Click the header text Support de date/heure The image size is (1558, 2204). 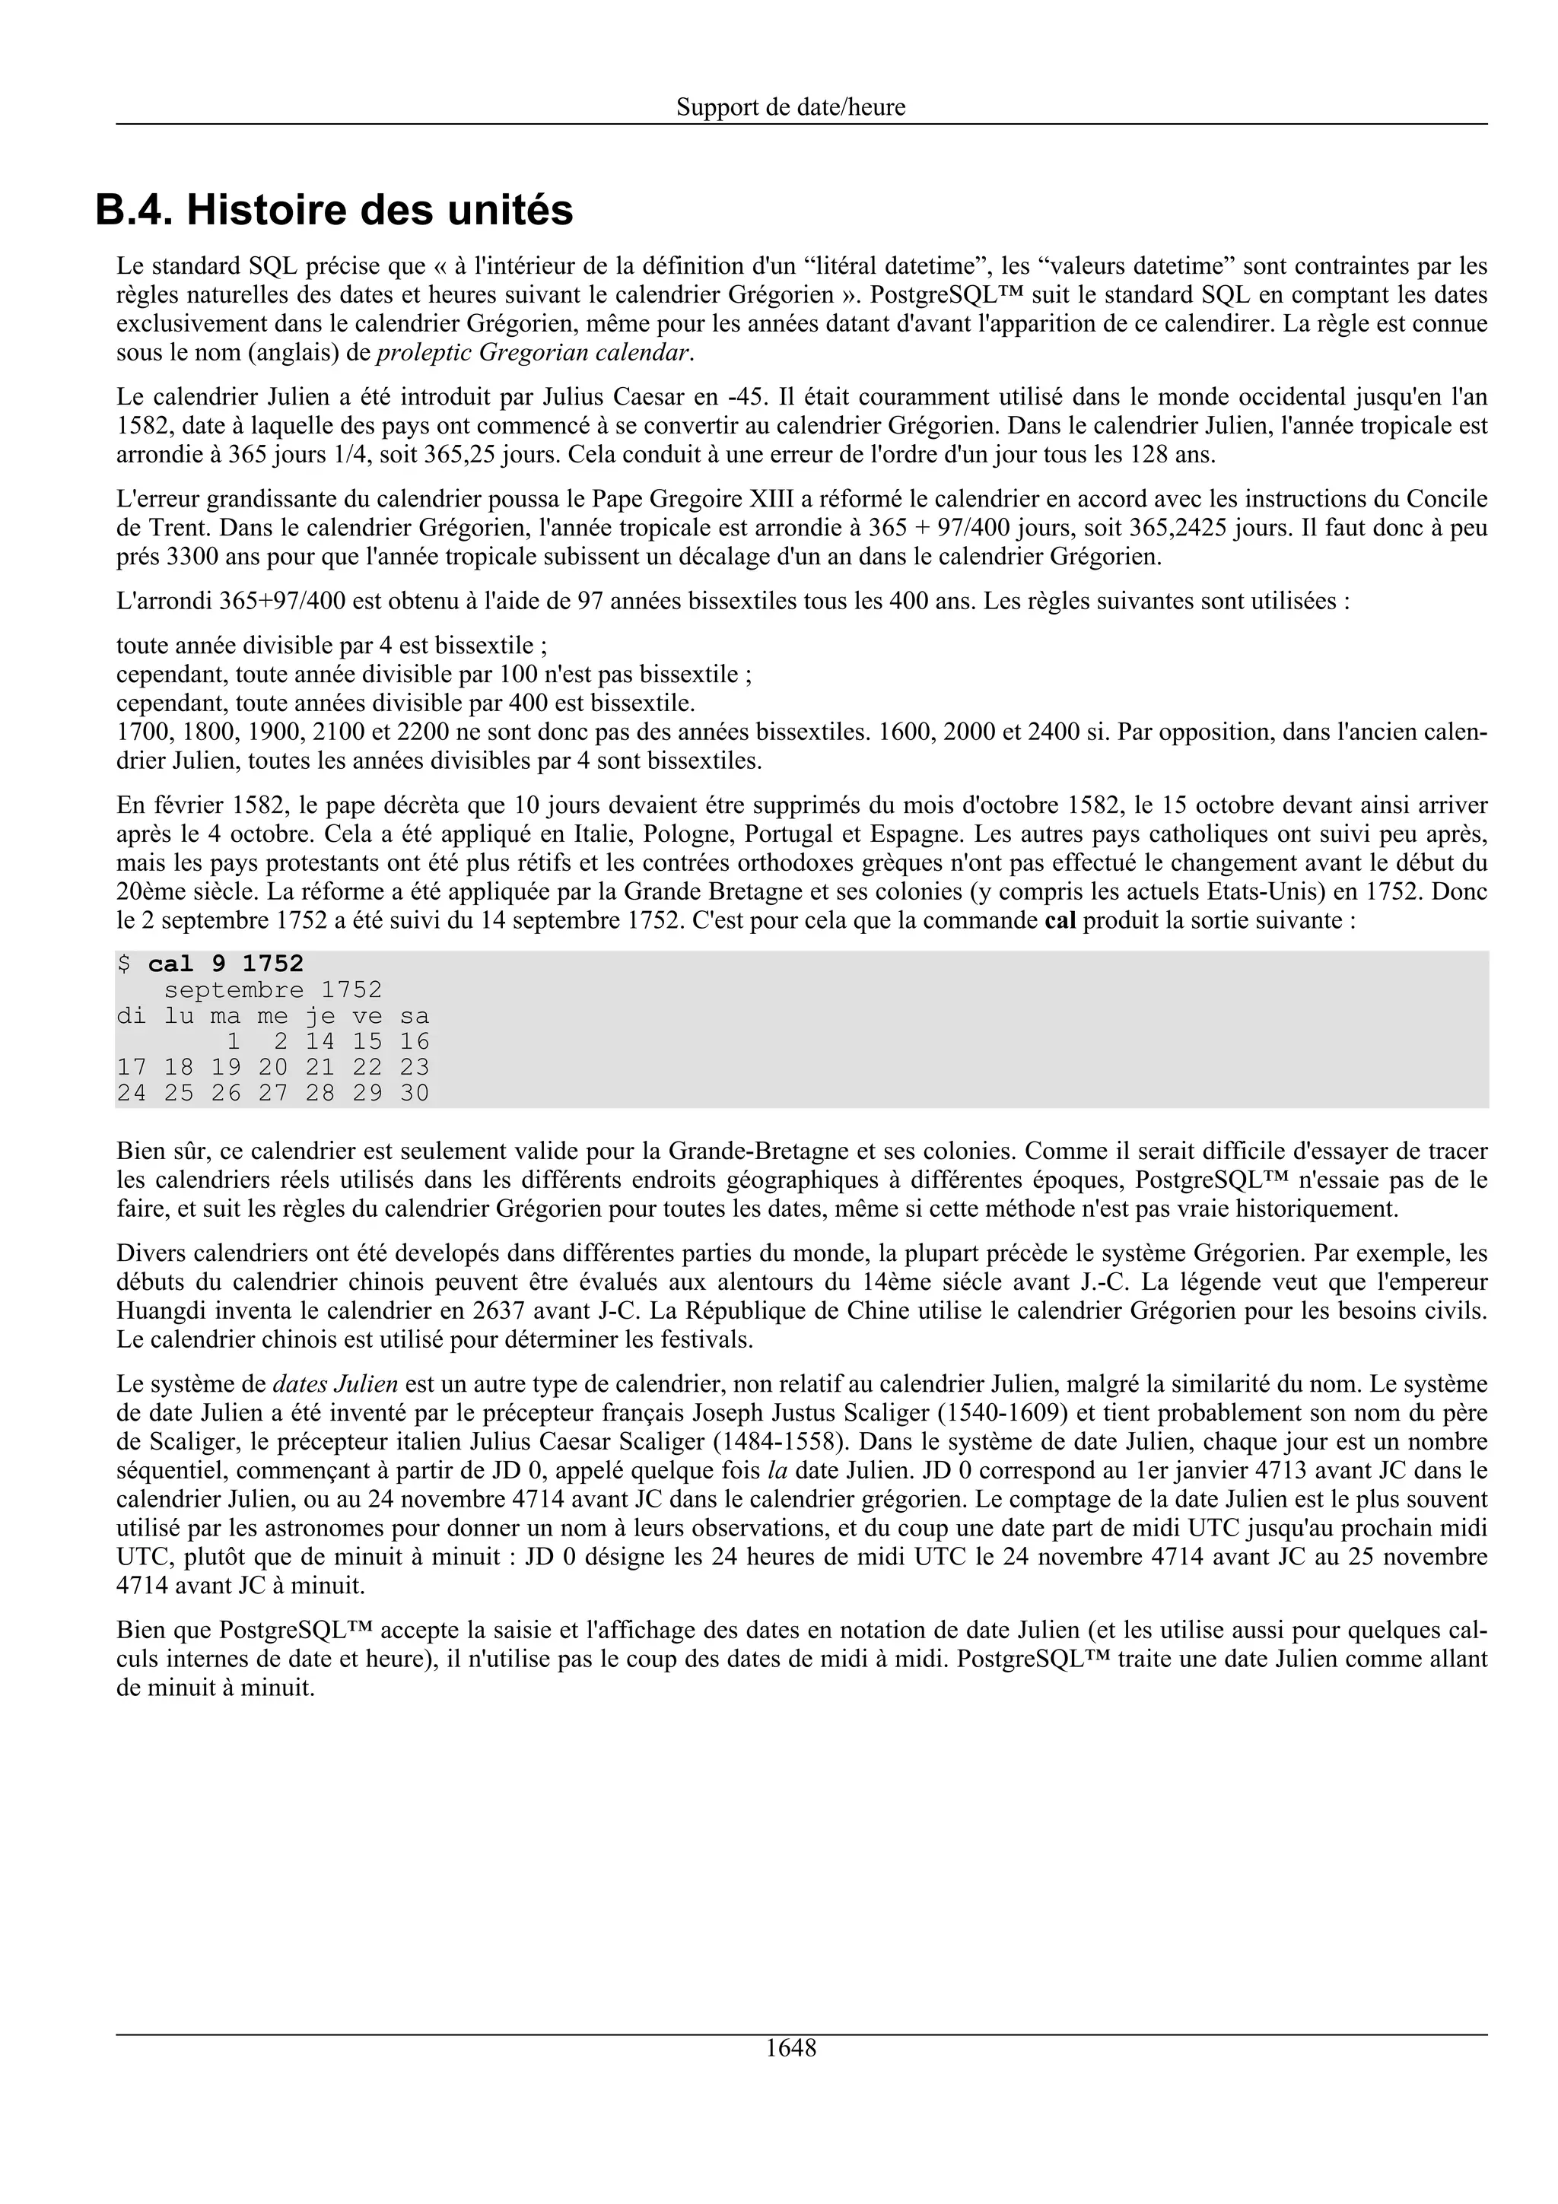790,106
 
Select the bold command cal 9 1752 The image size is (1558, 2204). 226,964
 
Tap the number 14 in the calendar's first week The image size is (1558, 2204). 320,1041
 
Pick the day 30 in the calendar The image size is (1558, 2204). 414,1094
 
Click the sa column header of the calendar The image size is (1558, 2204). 414,1015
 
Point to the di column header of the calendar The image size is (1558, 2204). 132,1015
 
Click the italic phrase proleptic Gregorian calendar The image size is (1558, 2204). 533,352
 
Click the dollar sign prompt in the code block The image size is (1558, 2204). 123,964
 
